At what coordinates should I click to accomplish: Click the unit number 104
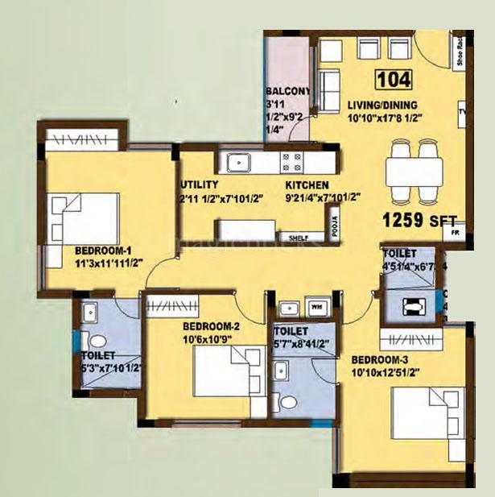click(x=394, y=80)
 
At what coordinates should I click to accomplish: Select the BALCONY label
click(x=287, y=92)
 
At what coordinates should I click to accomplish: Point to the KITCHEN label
click(x=306, y=184)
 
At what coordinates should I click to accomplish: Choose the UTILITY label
click(x=200, y=184)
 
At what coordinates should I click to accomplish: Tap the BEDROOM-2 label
click(x=211, y=326)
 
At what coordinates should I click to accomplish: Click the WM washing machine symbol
click(x=316, y=308)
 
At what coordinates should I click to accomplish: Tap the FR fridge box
click(x=455, y=234)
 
